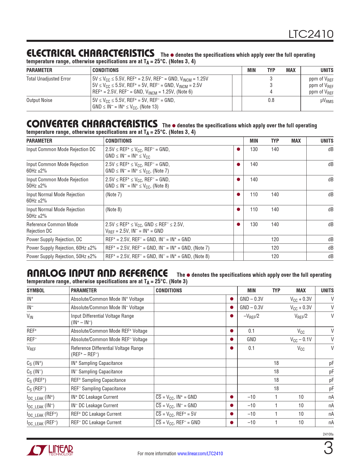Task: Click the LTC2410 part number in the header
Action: click(x=311, y=34)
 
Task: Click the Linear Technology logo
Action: click(x=50, y=450)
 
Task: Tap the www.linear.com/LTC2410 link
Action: click(x=200, y=454)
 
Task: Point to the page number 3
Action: click(x=328, y=449)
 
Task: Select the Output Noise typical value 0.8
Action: click(x=271, y=100)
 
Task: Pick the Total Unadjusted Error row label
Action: click(x=49, y=79)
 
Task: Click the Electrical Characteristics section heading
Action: click(x=90, y=53)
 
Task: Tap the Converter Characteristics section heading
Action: click(x=92, y=124)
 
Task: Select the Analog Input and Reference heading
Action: click(x=97, y=273)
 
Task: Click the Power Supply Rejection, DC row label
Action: click(x=54, y=239)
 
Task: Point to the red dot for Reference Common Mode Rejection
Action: click(x=238, y=225)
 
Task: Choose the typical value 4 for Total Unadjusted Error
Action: click(x=271, y=92)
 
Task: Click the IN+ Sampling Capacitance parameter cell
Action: click(x=97, y=363)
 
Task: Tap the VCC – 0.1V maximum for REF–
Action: click(x=301, y=339)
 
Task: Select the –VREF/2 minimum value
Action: click(x=251, y=316)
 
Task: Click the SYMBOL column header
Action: click(x=36, y=291)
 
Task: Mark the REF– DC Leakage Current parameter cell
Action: click(x=96, y=423)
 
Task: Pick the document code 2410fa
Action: click(x=328, y=434)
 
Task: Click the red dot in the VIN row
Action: click(x=232, y=316)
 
